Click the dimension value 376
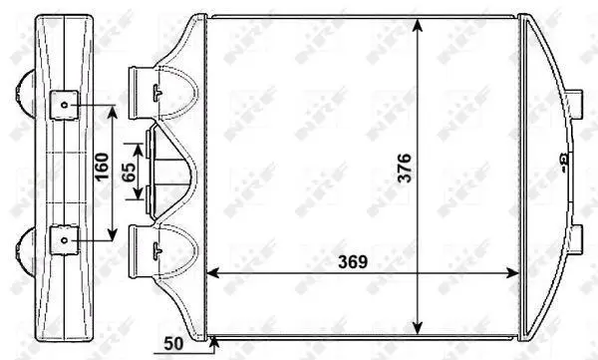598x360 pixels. coord(405,168)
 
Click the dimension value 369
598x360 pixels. coord(353,262)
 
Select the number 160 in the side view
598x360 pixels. coord(102,167)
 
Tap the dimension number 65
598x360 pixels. coord(129,173)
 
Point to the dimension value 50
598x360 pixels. coord(173,344)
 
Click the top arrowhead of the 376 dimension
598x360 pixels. coord(418,25)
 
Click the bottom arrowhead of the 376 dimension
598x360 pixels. coord(418,327)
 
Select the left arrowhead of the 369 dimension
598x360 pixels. coord(213,273)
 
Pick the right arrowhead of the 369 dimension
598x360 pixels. coord(511,273)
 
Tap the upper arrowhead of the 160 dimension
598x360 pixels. coord(112,112)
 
